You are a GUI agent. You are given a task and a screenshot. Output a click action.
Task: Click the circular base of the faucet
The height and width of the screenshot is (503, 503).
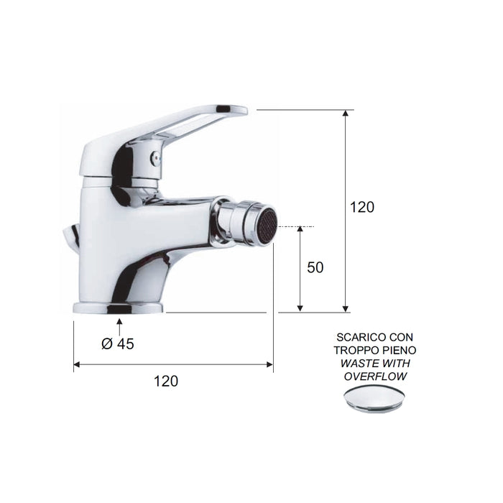(x=119, y=308)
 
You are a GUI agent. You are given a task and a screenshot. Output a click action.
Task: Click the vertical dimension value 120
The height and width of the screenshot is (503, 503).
(x=362, y=207)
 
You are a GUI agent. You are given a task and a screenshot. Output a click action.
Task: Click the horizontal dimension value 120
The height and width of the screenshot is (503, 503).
(x=166, y=381)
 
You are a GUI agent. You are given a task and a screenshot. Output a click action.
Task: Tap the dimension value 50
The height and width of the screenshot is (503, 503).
(x=315, y=267)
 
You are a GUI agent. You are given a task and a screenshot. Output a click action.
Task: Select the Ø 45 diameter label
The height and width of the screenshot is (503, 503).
(x=118, y=343)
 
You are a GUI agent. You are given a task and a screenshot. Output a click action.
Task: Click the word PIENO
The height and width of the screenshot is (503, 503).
(x=398, y=350)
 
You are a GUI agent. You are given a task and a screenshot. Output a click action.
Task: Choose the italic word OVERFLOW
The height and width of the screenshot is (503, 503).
(x=374, y=376)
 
